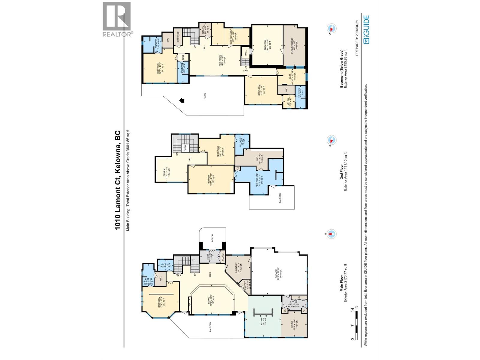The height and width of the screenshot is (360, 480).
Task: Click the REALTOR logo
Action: point(117,19)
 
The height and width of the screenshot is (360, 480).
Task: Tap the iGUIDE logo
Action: point(366,29)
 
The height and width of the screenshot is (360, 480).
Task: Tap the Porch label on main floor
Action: point(212,239)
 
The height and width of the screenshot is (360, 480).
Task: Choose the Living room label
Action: point(213,302)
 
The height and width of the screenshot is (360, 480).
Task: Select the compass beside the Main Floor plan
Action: point(331,234)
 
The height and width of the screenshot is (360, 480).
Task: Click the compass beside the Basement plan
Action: point(331,29)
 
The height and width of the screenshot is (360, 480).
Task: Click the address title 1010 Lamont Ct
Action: point(118,180)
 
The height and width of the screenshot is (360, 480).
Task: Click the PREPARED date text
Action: point(357,34)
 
